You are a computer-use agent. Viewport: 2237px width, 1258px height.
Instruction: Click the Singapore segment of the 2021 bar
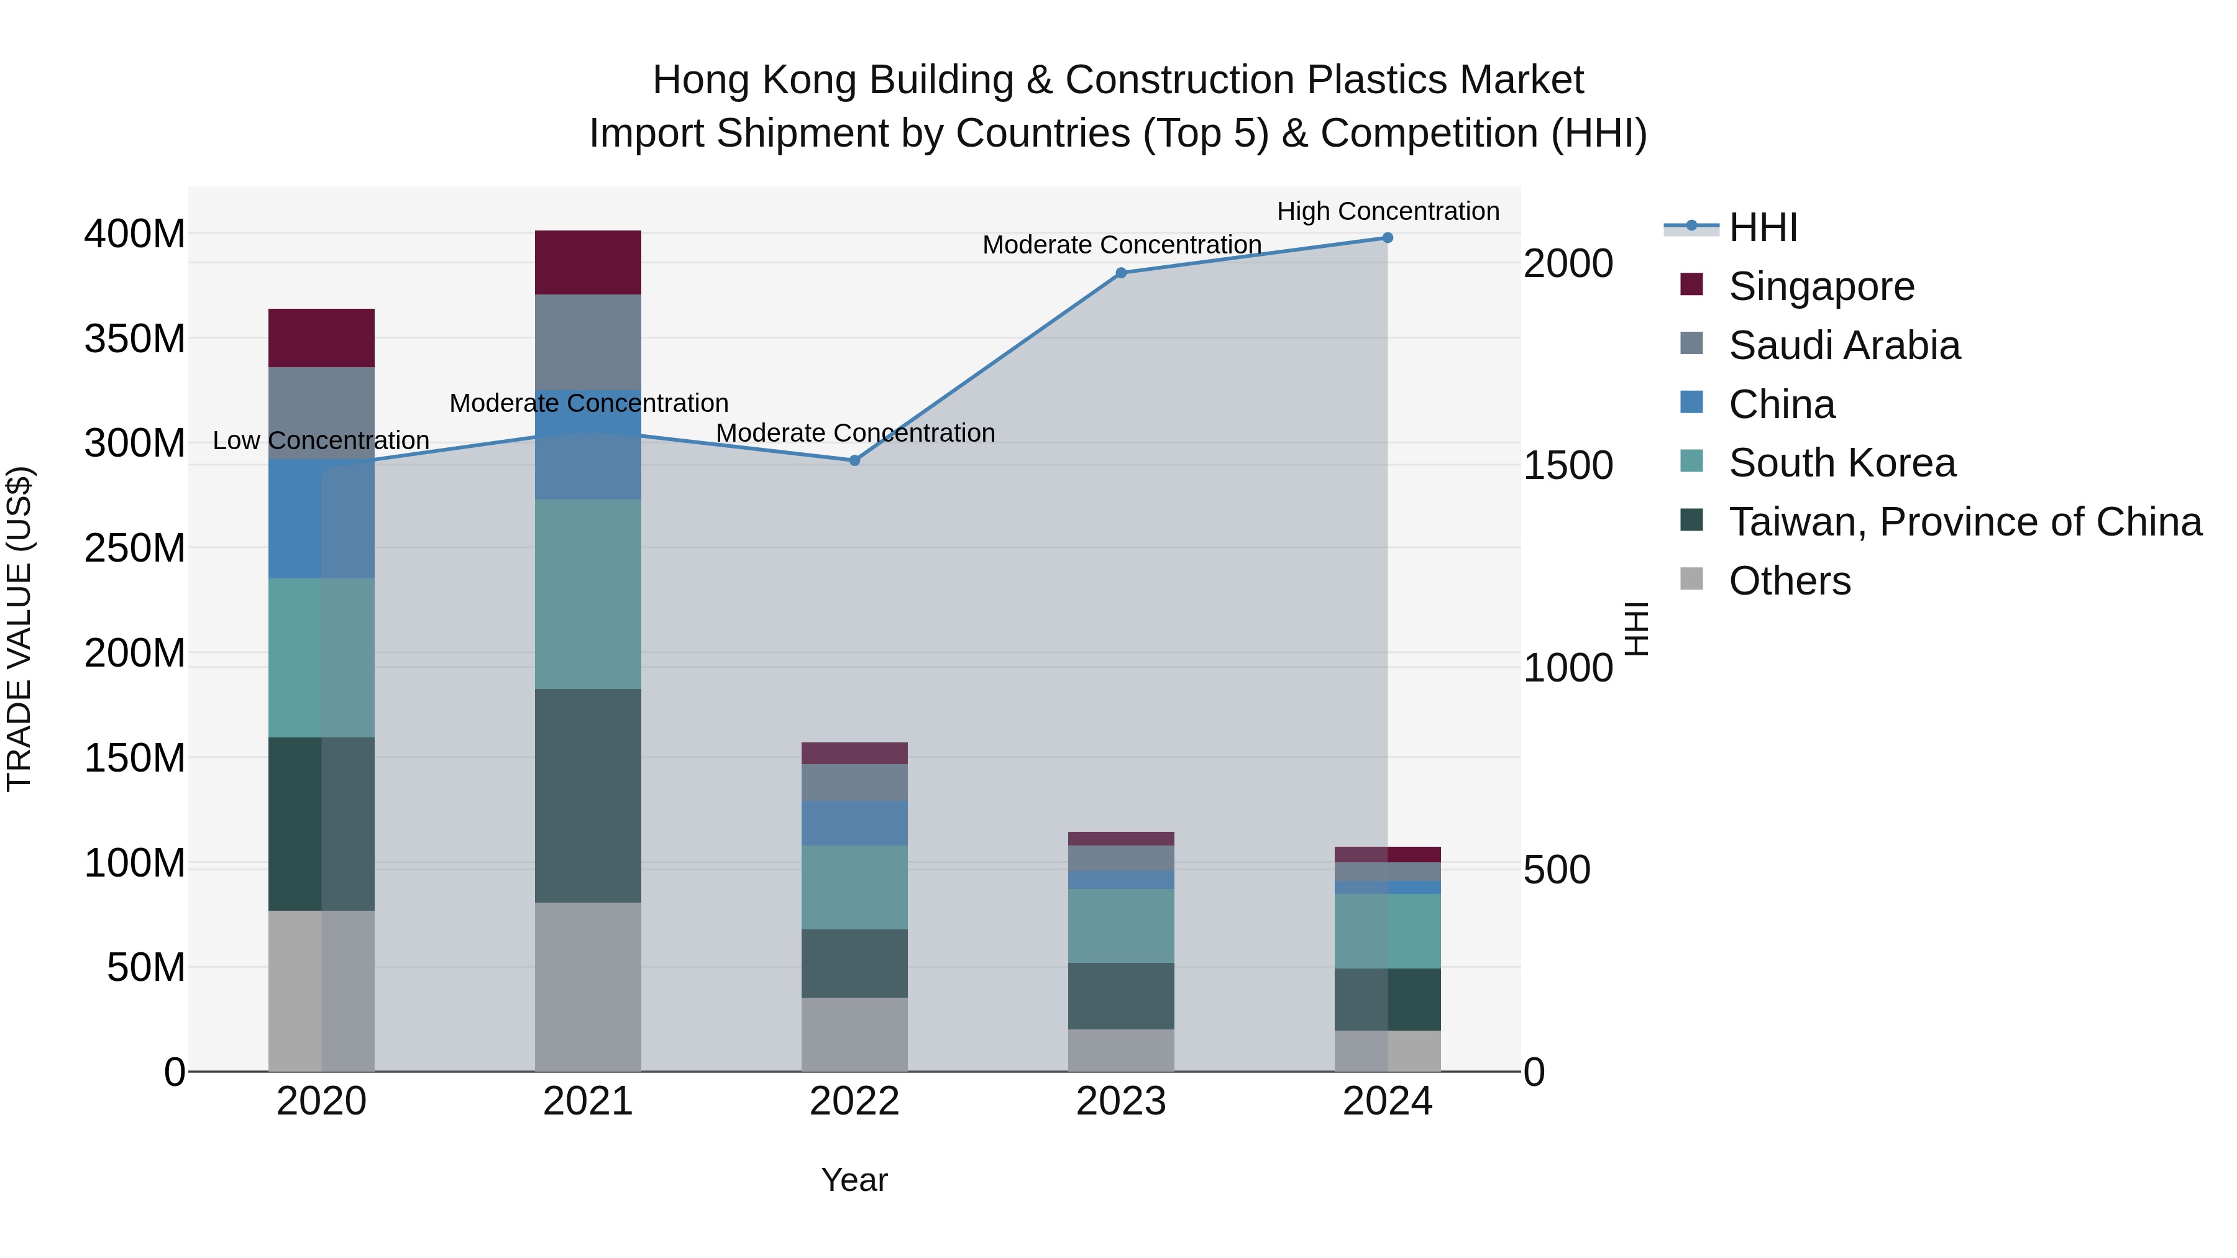588,262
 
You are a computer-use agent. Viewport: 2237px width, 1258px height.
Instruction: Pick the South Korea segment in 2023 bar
1120,926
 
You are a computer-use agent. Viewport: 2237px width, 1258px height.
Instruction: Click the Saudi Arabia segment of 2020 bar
321,412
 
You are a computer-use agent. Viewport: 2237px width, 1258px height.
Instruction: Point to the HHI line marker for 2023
1120,273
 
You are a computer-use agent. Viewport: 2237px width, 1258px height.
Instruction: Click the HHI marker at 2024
1387,238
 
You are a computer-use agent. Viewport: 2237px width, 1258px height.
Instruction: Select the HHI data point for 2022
854,460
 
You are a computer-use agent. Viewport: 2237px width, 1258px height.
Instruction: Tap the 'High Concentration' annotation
1388,211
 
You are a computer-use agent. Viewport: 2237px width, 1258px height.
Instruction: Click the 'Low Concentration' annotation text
321,440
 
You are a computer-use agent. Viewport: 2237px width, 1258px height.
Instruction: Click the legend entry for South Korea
1841,463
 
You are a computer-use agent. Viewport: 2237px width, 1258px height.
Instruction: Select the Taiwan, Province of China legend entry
1964,522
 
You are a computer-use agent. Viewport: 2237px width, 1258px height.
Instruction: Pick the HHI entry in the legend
1762,227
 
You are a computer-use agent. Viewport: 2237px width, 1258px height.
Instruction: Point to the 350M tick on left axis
135,339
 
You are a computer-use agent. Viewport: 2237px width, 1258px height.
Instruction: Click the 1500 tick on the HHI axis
1568,465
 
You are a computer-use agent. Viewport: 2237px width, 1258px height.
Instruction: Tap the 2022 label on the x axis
854,1101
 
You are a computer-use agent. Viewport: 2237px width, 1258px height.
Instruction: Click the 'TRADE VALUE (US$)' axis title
20,629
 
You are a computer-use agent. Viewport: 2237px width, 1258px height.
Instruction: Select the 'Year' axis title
854,1180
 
